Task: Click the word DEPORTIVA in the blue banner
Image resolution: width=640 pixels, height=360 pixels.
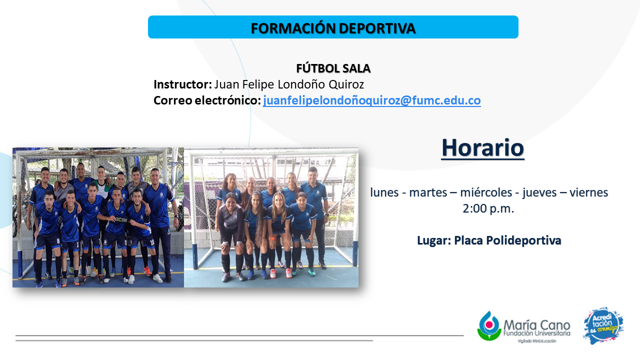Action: pos(377,28)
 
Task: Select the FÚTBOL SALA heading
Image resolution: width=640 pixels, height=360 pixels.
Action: pos(333,68)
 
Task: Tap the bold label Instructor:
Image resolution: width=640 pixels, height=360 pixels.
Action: pos(182,84)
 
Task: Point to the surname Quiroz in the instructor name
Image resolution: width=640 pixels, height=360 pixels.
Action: pos(346,84)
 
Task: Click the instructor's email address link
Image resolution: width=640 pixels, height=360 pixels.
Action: pos(371,100)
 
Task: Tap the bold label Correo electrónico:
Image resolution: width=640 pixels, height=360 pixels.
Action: pos(207,100)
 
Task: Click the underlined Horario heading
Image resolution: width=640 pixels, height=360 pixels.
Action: pos(483,148)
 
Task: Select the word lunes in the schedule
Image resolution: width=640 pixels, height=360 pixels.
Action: pos(384,192)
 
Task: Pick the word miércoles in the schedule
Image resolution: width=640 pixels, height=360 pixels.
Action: pos(486,192)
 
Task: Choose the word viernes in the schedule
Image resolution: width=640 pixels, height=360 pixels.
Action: pos(589,192)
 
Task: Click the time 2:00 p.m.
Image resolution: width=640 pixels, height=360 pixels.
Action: pos(488,209)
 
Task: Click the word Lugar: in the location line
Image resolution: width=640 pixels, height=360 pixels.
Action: pos(434,240)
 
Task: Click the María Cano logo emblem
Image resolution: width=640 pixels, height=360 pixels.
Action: pos(489,326)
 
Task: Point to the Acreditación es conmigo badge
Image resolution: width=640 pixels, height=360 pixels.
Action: pos(603,325)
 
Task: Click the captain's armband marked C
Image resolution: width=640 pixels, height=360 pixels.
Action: pos(120,219)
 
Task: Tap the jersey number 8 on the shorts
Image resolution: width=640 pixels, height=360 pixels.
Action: pos(58,241)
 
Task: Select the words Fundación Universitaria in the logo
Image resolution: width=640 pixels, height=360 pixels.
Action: pos(537,333)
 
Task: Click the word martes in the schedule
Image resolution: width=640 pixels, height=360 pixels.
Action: pos(428,192)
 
